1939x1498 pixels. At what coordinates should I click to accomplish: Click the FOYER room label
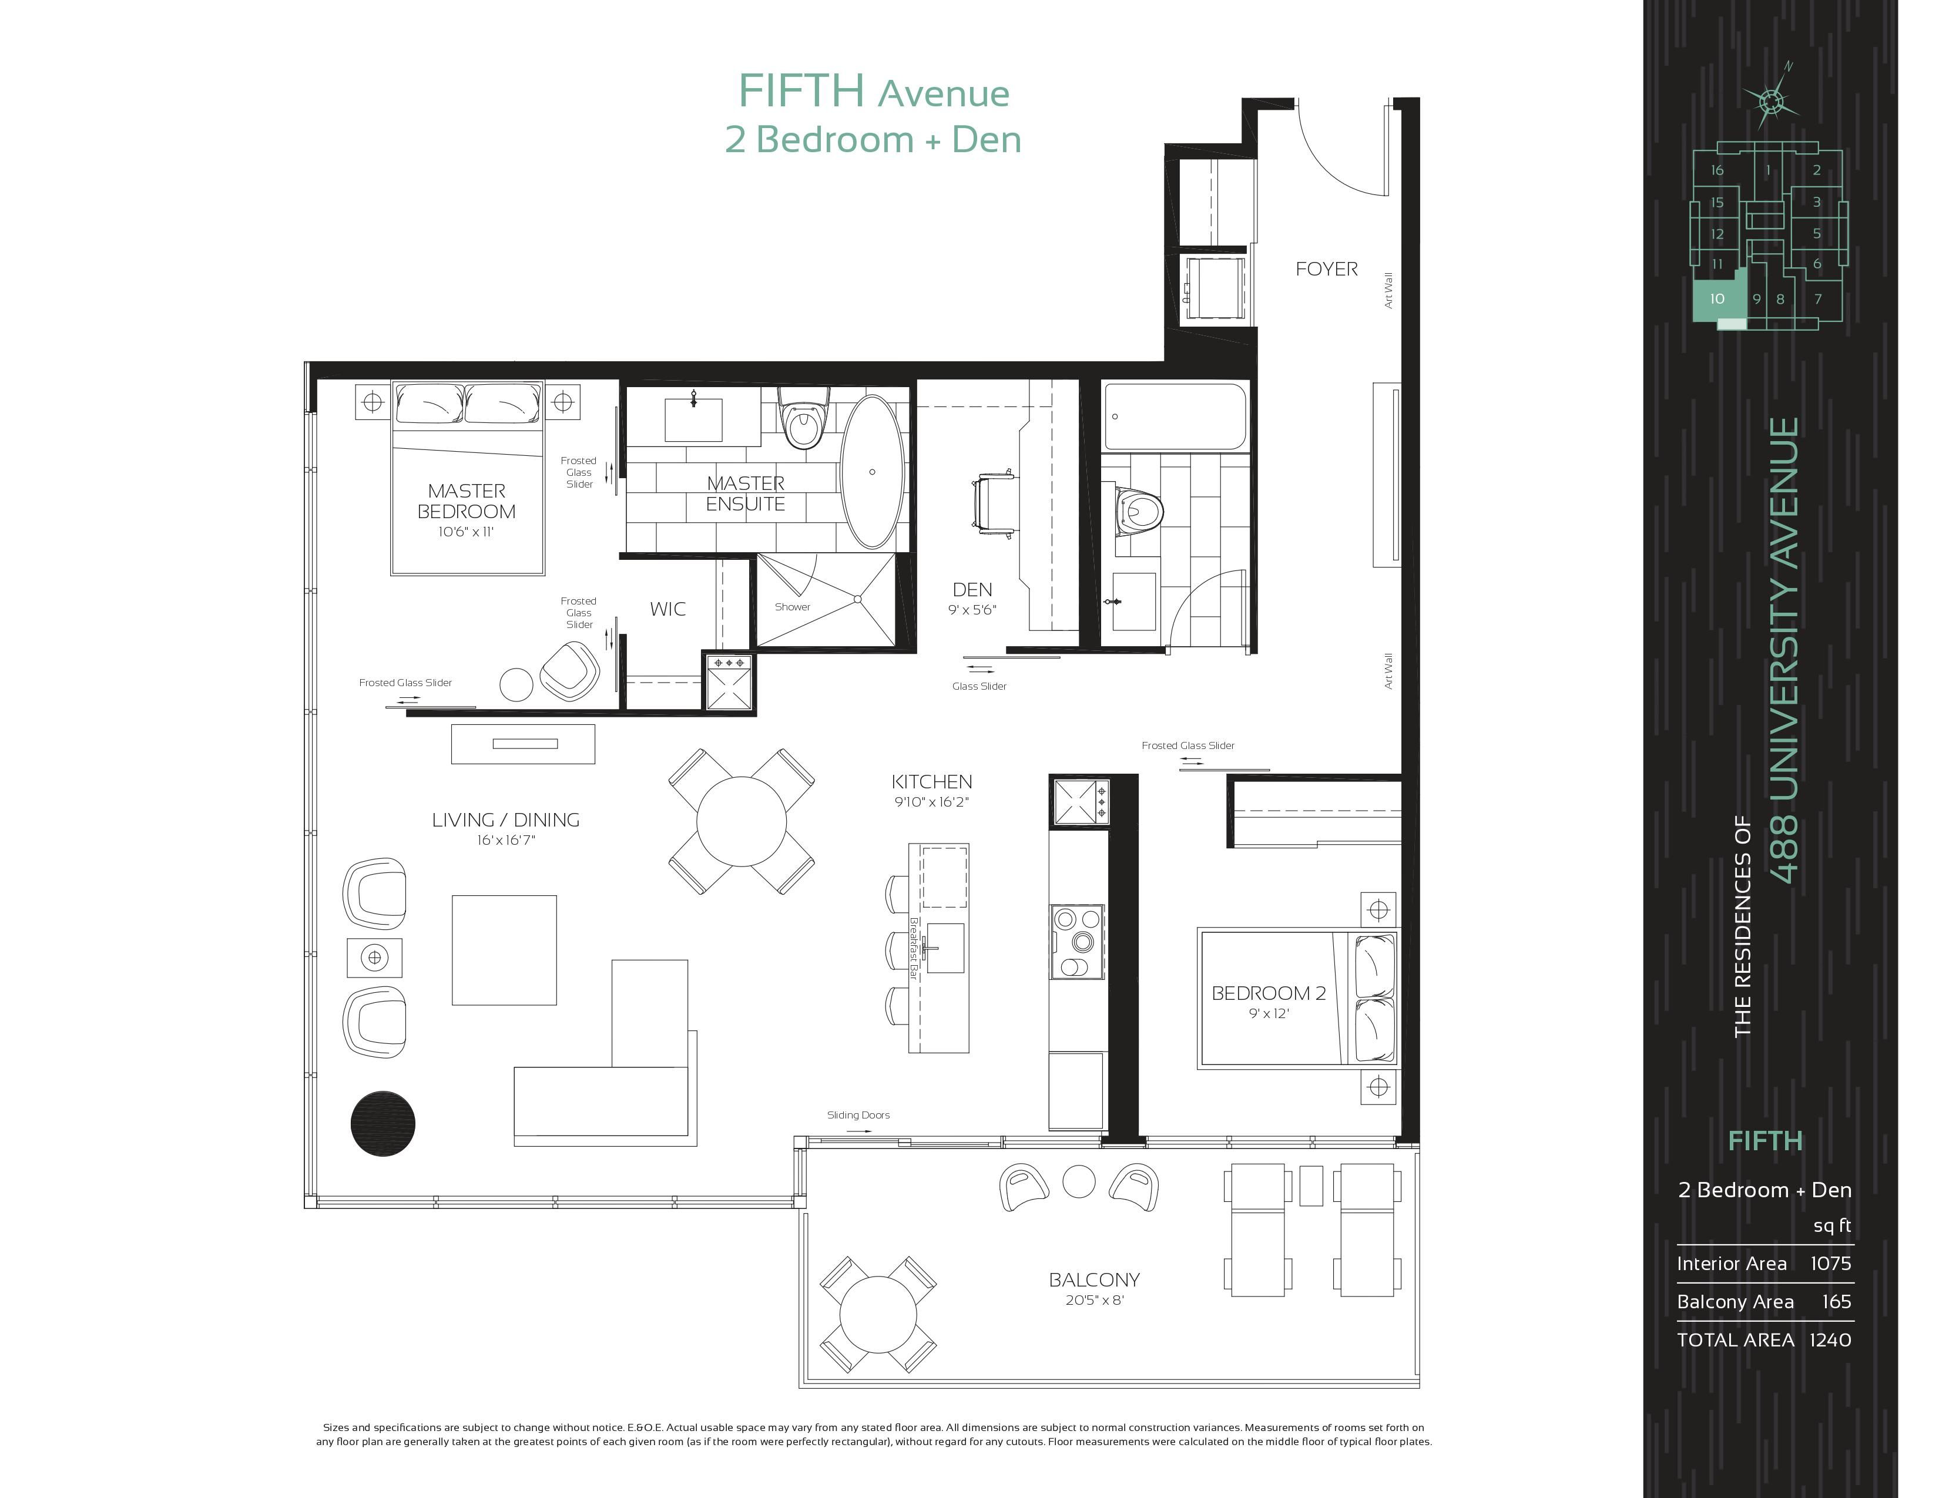click(1326, 269)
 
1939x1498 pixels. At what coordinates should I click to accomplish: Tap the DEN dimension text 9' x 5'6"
click(972, 610)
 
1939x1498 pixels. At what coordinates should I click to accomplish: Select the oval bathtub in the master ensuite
click(873, 472)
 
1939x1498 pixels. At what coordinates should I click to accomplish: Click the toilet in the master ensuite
click(803, 418)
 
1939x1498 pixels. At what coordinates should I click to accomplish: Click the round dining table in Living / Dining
click(742, 822)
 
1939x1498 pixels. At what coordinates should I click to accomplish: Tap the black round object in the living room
click(383, 1123)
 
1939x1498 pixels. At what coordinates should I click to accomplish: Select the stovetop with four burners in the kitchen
click(1078, 942)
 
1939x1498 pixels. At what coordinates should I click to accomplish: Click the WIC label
click(667, 609)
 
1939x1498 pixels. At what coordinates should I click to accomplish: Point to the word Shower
click(792, 607)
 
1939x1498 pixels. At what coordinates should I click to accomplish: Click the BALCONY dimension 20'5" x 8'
click(1095, 1300)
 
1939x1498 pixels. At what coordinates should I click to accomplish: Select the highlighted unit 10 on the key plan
click(1718, 299)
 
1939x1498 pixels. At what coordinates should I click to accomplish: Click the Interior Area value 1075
click(1831, 1264)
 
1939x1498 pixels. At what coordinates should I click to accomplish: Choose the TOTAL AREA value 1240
click(1831, 1340)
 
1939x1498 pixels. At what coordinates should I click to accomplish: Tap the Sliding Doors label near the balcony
click(858, 1116)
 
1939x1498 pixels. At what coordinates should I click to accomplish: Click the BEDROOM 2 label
click(1269, 993)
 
